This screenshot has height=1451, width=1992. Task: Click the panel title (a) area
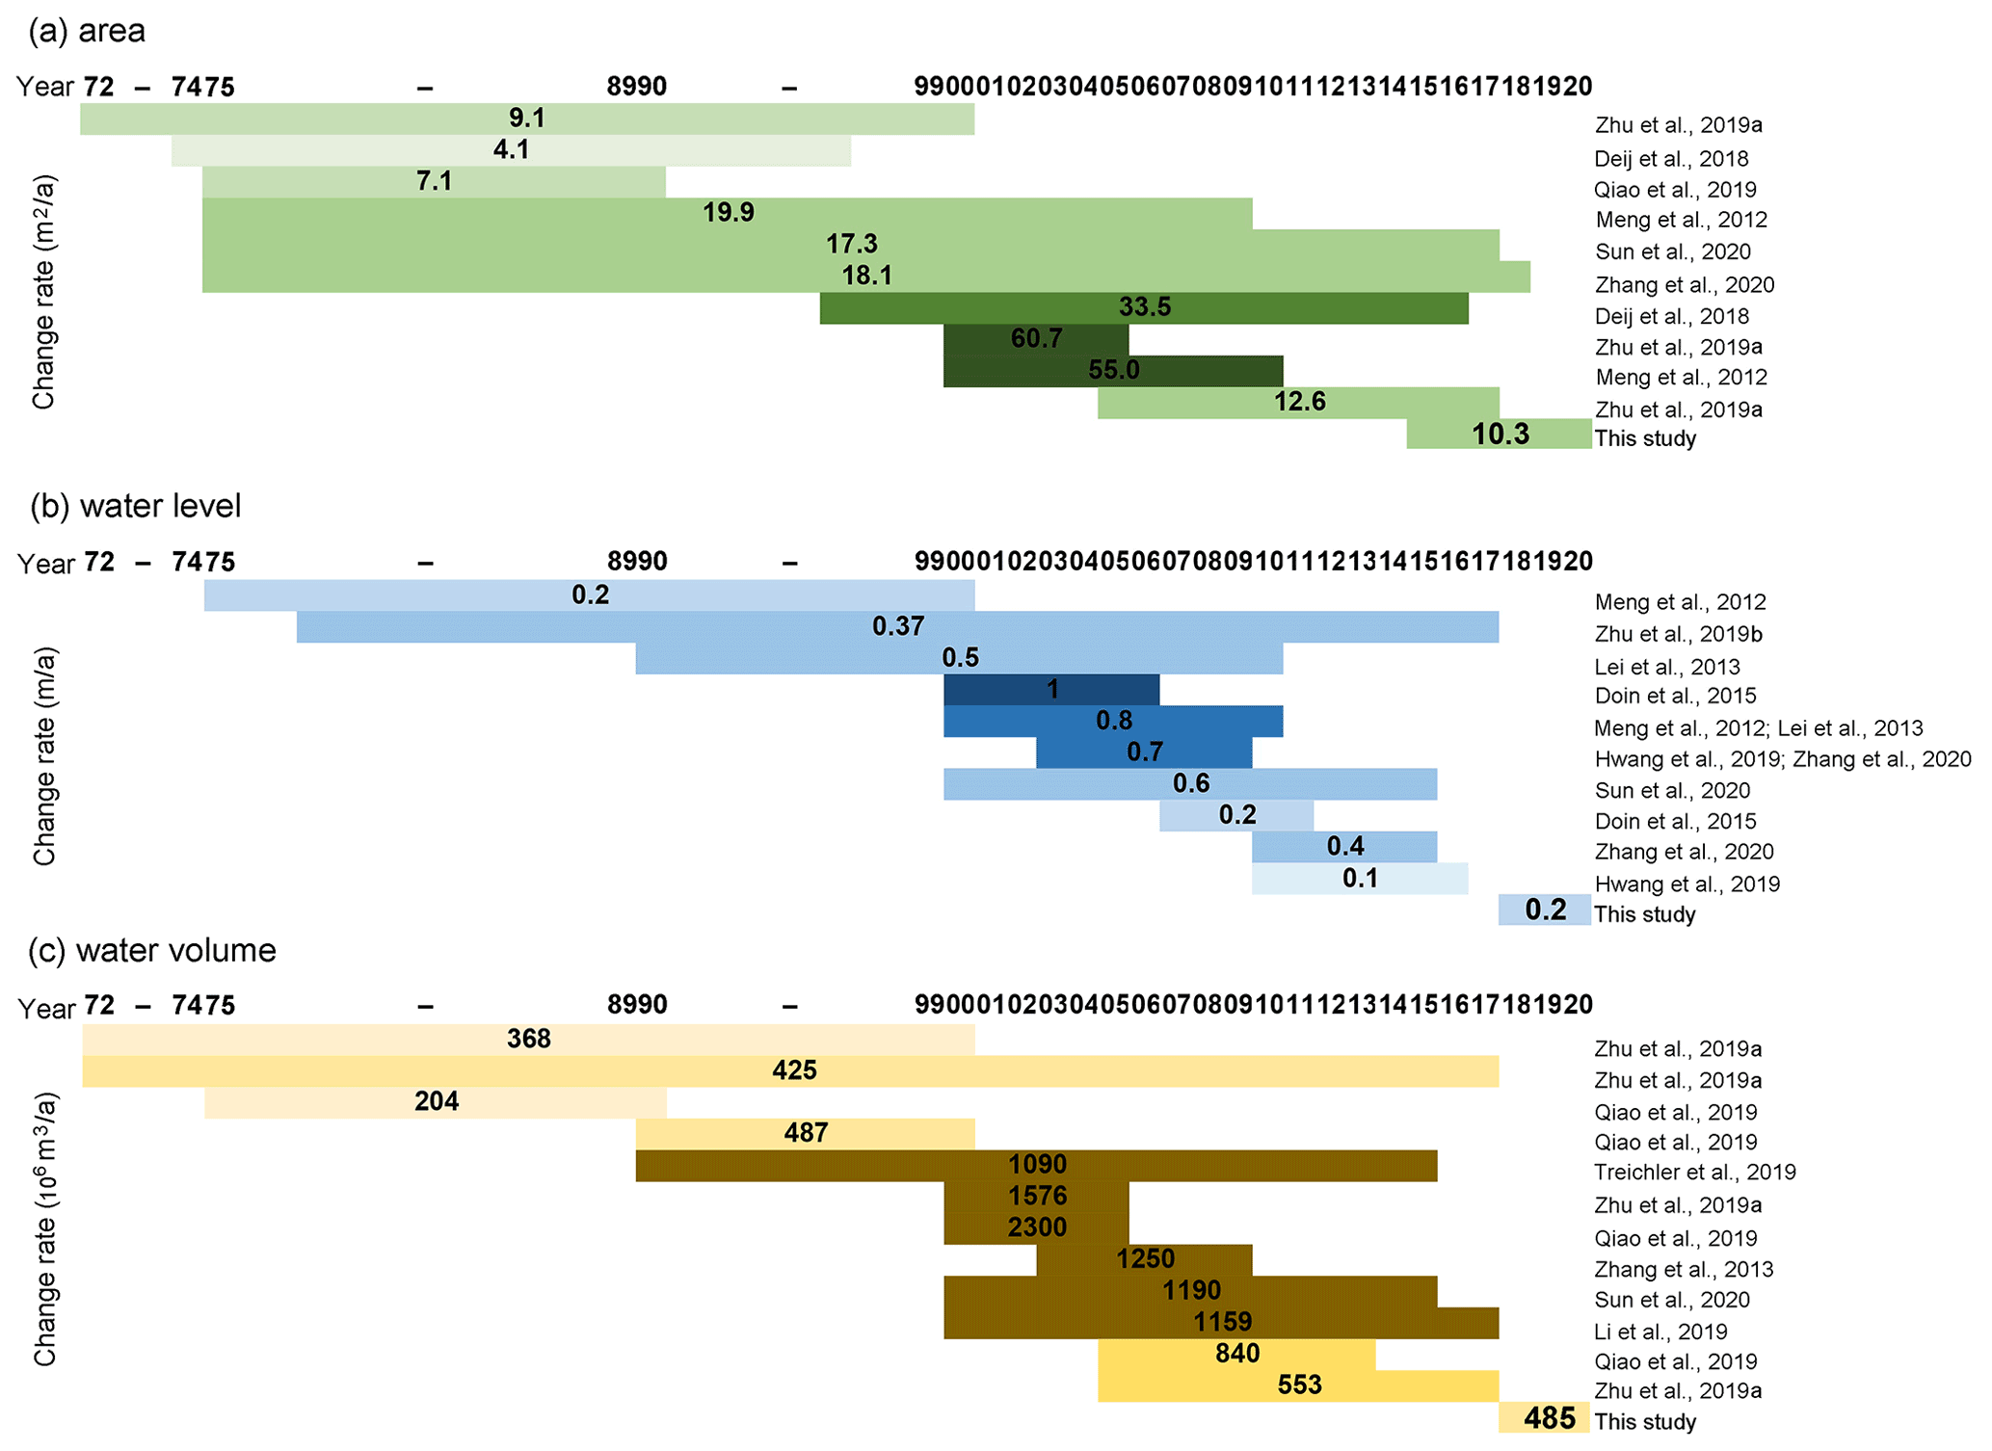point(87,31)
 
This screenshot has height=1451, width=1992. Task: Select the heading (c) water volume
point(152,951)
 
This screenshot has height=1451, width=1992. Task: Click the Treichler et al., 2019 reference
point(1694,1173)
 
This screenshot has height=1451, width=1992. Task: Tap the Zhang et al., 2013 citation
point(1683,1270)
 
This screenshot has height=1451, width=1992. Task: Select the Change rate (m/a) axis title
point(45,756)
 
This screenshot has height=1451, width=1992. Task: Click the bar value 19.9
point(729,213)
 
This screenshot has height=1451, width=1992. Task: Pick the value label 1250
point(1145,1259)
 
